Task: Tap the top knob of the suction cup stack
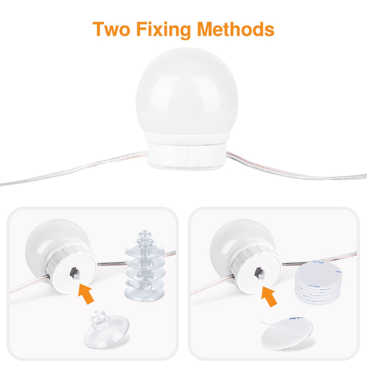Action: (143, 241)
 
